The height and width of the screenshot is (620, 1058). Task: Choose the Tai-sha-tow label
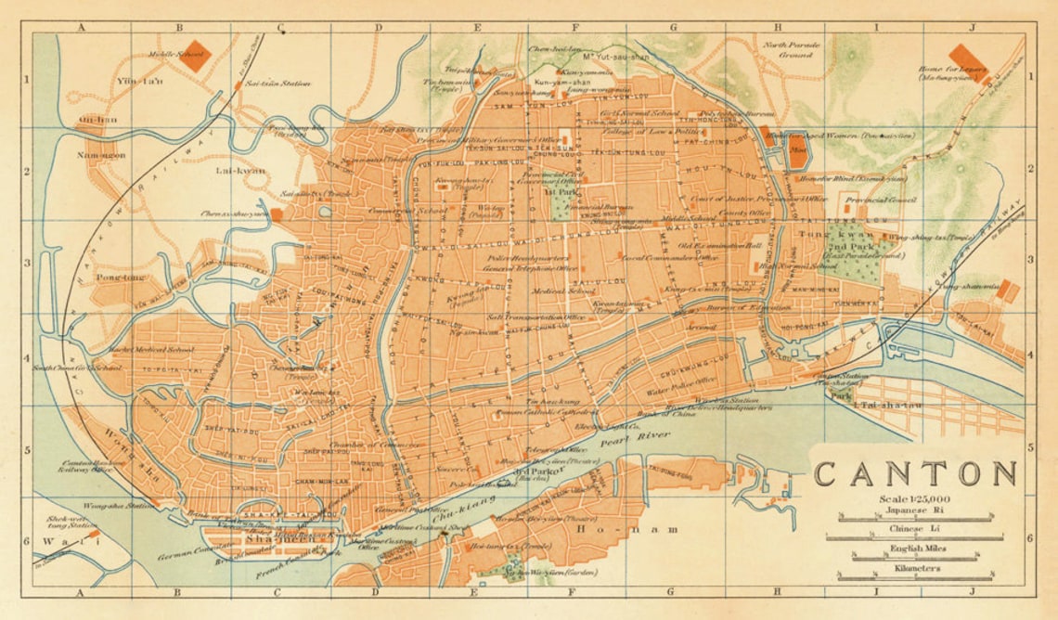(x=888, y=406)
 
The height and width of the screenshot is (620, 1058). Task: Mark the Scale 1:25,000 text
(x=910, y=499)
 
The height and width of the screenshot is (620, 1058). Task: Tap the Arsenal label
(x=703, y=327)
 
